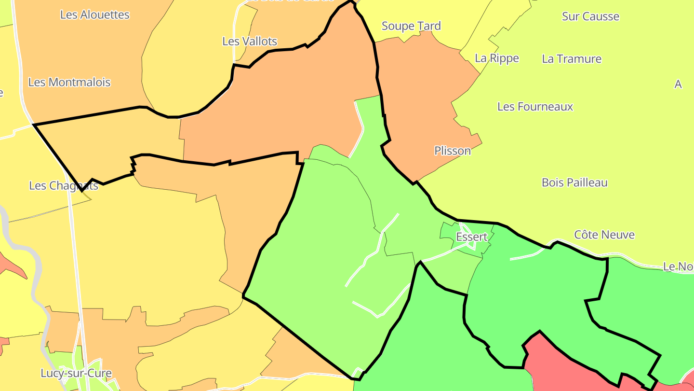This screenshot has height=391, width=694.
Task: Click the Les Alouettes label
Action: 94,14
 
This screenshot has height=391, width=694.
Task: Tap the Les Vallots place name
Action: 250,42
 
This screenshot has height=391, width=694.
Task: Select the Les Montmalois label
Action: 69,82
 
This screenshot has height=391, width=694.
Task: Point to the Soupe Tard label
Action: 411,26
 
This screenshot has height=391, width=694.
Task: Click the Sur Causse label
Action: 590,16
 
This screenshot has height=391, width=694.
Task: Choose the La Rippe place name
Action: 497,58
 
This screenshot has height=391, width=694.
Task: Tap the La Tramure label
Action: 572,59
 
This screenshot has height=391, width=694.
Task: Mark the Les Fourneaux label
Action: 535,107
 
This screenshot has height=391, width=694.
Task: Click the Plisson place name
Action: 453,151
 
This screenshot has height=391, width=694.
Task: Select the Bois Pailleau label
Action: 574,182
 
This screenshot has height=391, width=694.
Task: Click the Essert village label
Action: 471,237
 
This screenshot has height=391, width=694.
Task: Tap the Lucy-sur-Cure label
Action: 76,373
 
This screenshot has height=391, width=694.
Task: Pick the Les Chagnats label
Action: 64,185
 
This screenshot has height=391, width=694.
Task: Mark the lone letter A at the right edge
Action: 678,84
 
